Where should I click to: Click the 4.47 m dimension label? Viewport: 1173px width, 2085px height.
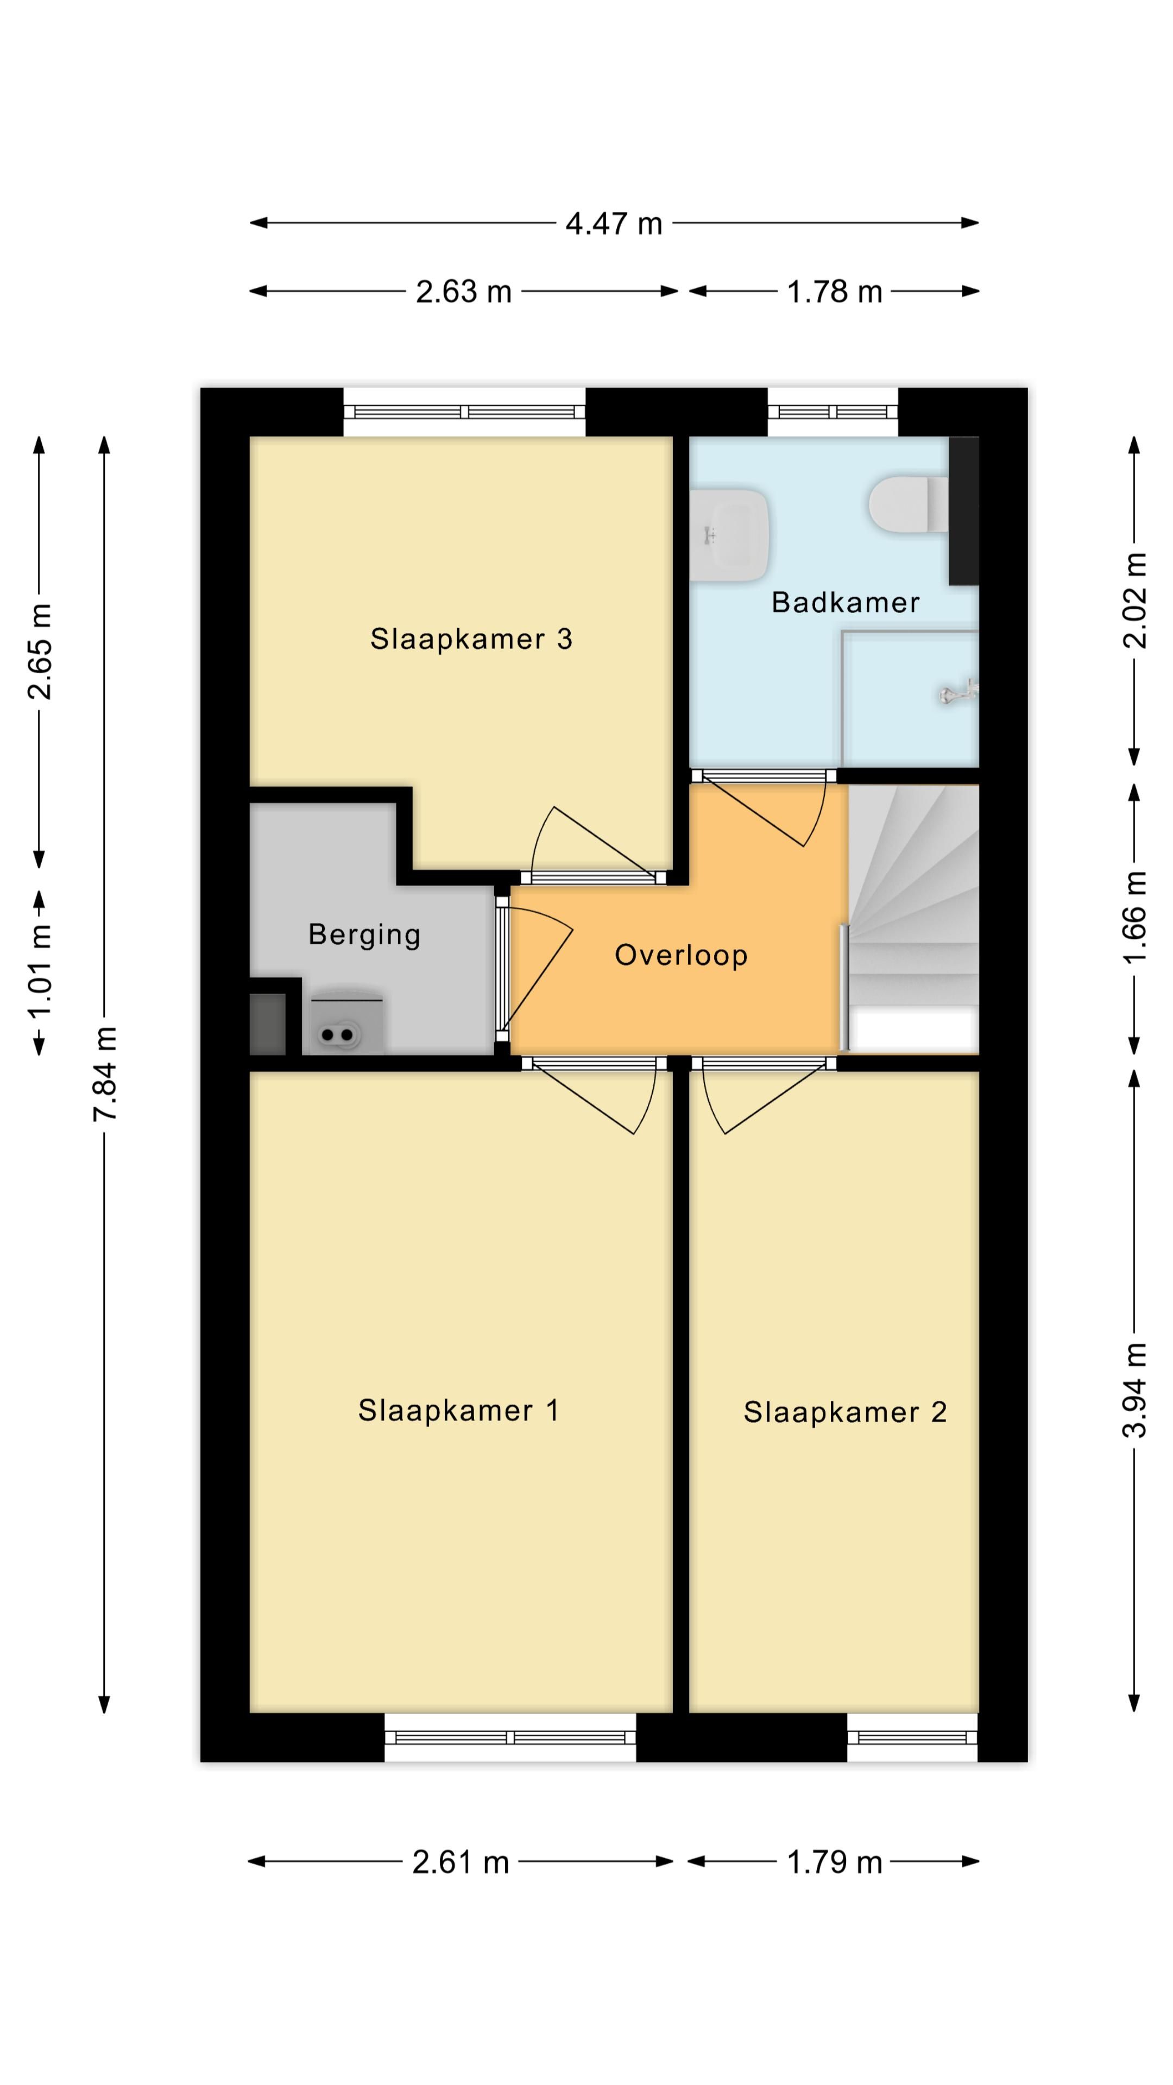point(614,223)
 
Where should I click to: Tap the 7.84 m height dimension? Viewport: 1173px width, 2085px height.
point(105,1073)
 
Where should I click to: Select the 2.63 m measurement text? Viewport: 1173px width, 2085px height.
point(464,292)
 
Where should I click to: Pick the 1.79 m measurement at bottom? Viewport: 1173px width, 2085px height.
point(835,1862)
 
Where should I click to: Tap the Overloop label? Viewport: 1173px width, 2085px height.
point(681,955)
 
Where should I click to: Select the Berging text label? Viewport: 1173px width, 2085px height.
point(364,935)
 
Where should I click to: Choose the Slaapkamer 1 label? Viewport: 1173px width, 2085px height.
point(458,1411)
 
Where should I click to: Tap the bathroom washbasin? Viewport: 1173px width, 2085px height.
point(729,534)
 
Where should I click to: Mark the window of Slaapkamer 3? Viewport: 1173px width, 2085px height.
point(465,412)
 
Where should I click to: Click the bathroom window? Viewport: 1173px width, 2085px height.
point(833,412)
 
